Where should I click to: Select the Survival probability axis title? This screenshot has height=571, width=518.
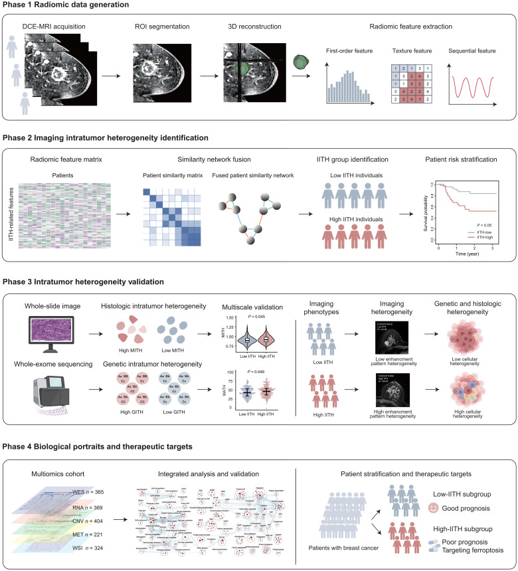pos(415,213)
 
